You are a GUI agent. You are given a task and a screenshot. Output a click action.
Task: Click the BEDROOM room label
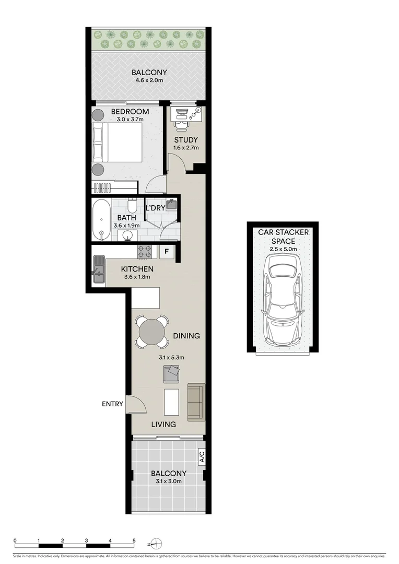click(x=130, y=112)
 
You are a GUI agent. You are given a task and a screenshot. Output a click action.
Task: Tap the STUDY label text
click(x=186, y=139)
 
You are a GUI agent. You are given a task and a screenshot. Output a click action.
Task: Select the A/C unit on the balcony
click(x=202, y=457)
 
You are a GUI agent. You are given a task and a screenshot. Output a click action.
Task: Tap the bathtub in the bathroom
click(x=101, y=219)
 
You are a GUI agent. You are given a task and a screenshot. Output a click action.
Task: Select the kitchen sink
click(x=98, y=269)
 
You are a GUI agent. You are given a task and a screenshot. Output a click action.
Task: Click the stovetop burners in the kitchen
click(x=145, y=251)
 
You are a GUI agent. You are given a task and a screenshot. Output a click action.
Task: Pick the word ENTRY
click(x=113, y=404)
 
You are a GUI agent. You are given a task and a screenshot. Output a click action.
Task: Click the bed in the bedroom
click(x=117, y=143)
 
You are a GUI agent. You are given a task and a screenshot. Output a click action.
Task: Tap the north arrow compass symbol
click(x=156, y=544)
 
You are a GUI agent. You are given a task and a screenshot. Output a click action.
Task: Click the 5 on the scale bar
click(x=134, y=540)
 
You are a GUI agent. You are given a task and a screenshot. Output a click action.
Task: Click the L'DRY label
click(x=155, y=208)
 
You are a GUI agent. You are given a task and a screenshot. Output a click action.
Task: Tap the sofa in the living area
click(x=196, y=402)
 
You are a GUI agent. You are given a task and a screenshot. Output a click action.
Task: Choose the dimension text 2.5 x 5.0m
click(x=283, y=249)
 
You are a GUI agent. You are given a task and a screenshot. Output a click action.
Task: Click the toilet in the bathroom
click(x=132, y=205)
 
